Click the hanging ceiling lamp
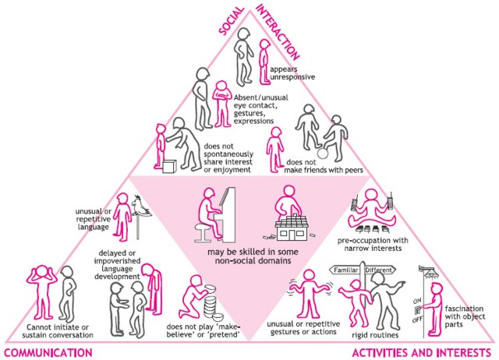tap(429, 272)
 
